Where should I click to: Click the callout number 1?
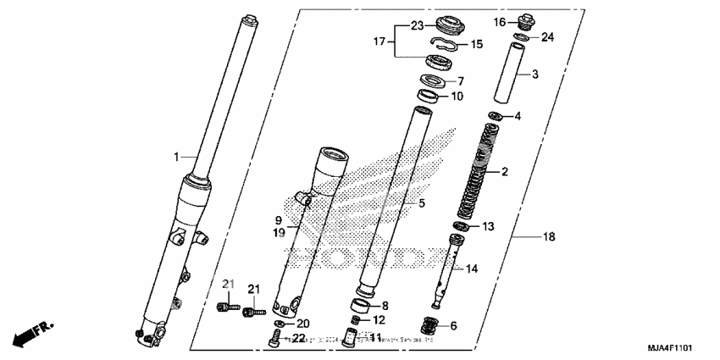click(177, 157)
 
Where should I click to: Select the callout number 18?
click(548, 237)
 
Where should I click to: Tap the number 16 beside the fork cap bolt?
click(500, 22)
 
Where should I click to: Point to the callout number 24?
click(547, 37)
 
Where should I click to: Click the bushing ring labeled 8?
click(362, 305)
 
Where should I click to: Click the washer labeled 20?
click(280, 324)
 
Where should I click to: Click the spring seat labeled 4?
click(496, 115)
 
